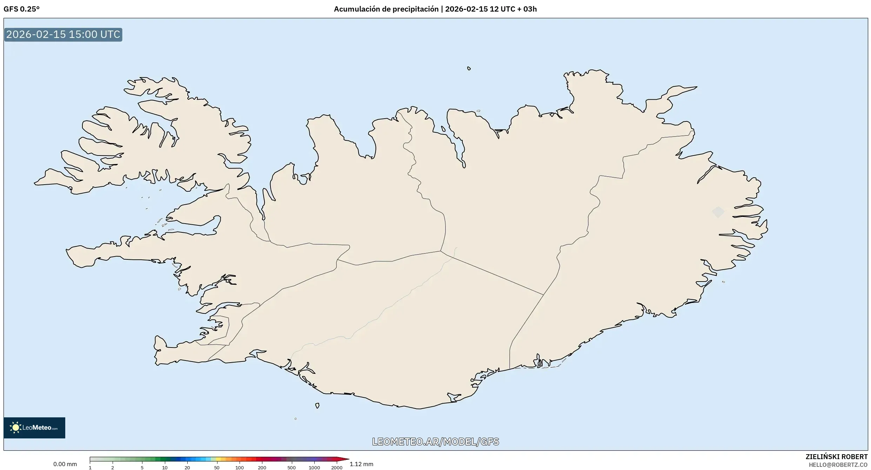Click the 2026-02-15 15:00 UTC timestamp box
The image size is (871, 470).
click(63, 34)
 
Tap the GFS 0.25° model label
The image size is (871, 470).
click(21, 9)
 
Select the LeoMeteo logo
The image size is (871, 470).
click(34, 428)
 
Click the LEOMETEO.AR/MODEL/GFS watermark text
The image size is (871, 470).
click(435, 442)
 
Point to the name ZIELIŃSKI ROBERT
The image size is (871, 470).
click(836, 457)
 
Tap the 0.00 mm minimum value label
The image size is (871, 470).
click(65, 464)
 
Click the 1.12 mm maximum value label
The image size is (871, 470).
click(361, 464)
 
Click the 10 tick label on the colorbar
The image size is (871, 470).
click(165, 468)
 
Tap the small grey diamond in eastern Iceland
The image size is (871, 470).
click(718, 212)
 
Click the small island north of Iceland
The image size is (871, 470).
click(469, 68)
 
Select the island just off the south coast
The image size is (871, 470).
click(317, 406)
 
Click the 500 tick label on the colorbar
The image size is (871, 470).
click(292, 468)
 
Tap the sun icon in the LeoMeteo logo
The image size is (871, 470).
click(15, 428)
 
